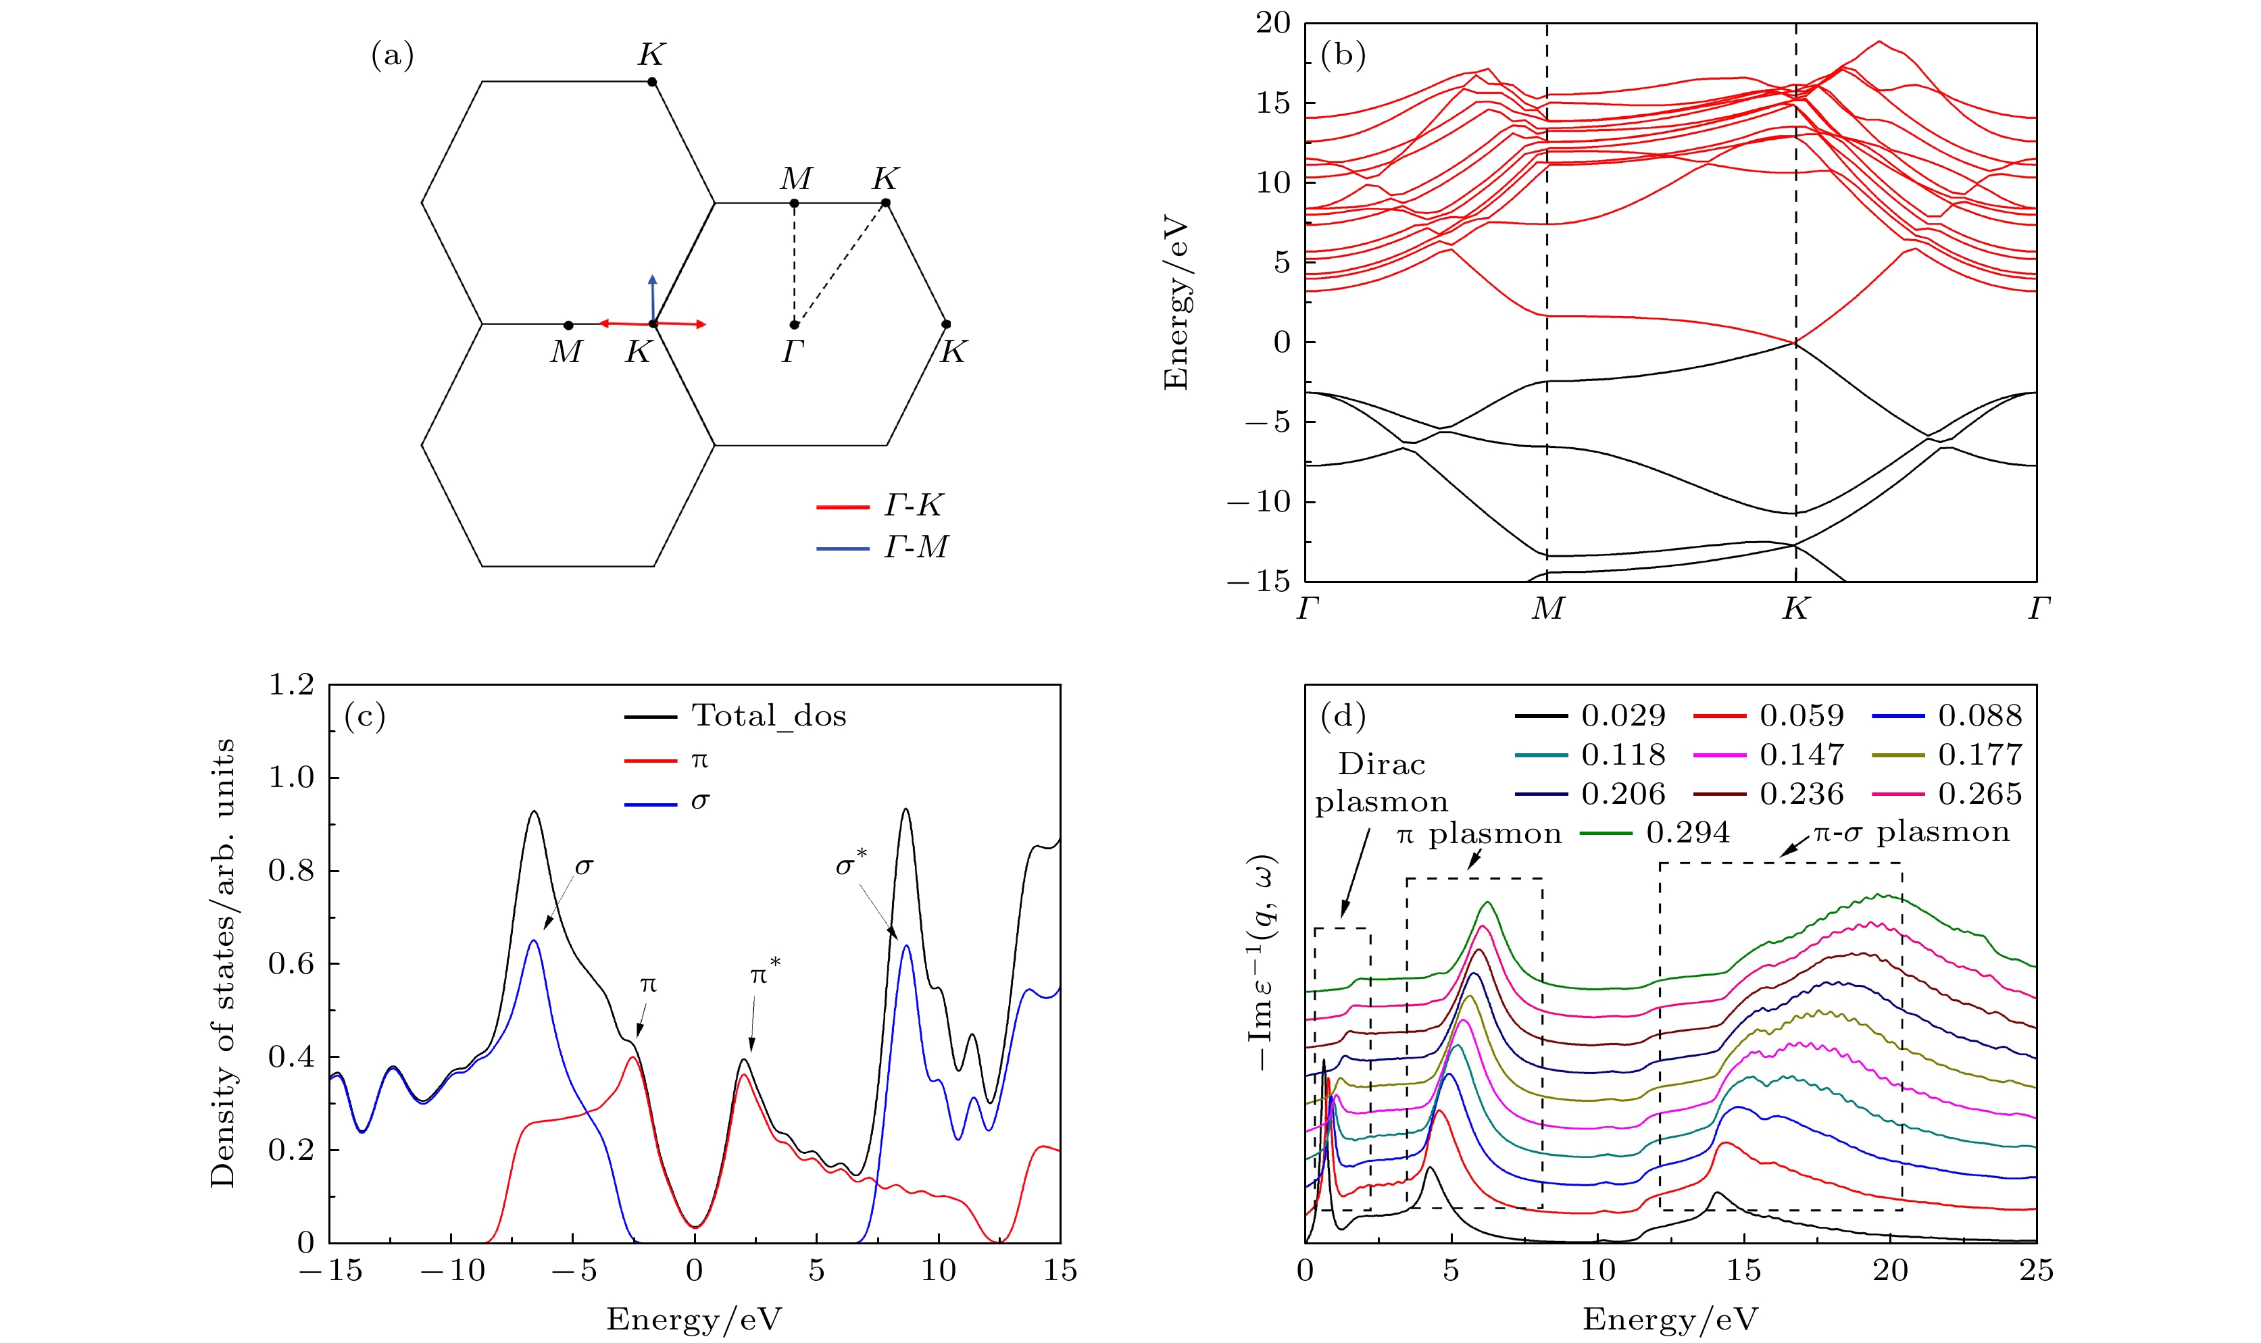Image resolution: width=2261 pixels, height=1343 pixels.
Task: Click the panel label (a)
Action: [392, 56]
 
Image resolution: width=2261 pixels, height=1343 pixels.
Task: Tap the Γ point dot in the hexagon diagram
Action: [794, 324]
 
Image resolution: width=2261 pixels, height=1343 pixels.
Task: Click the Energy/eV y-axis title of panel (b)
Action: [1176, 303]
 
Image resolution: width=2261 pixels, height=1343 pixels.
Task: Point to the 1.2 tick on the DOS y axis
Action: [291, 685]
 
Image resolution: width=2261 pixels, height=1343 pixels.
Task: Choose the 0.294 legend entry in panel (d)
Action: [1656, 832]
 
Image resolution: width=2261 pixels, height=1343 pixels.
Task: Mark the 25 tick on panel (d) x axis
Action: [2035, 1271]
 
